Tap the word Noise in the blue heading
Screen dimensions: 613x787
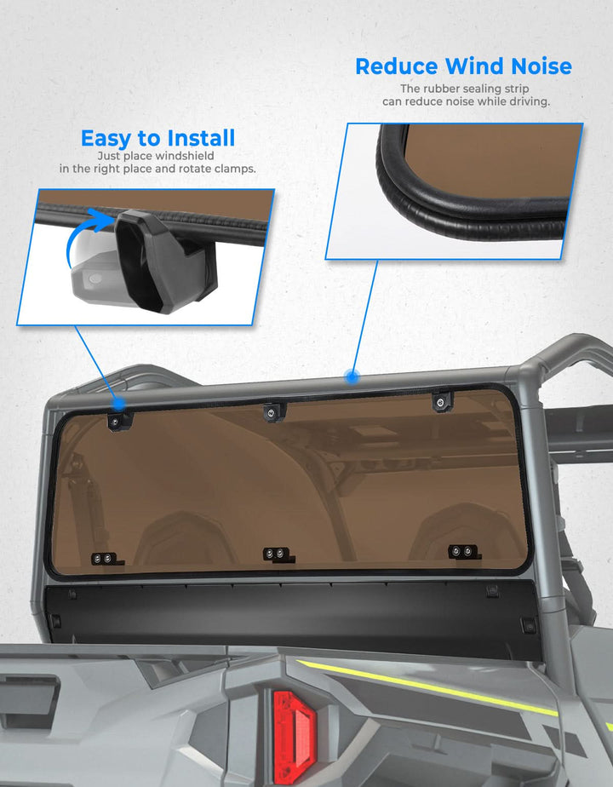[x=541, y=66]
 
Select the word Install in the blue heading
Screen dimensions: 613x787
[x=201, y=138]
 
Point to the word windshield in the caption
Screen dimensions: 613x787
[x=185, y=156]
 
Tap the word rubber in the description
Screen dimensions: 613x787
[x=441, y=89]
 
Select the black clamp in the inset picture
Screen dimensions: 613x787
[x=161, y=261]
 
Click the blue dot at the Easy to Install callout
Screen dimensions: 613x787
[x=119, y=403]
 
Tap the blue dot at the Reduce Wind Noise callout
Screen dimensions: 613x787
[x=352, y=376]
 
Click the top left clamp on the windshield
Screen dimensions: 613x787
[x=119, y=421]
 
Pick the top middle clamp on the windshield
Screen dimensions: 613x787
[x=274, y=411]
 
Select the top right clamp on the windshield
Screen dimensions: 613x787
[x=442, y=401]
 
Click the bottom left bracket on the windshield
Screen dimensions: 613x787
[x=106, y=559]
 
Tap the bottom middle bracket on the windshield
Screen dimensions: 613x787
[x=278, y=554]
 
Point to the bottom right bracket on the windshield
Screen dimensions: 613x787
[x=463, y=552]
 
